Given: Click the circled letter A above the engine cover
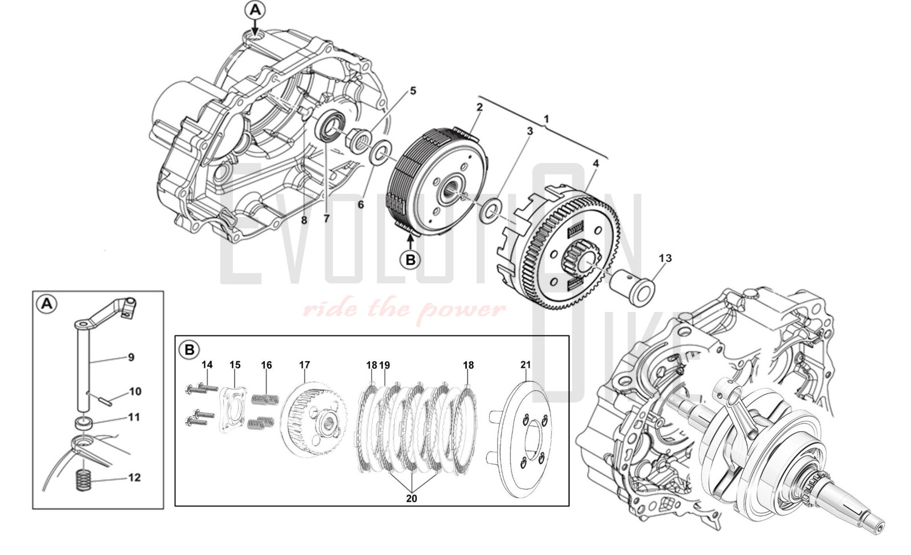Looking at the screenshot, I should pyautogui.click(x=255, y=10).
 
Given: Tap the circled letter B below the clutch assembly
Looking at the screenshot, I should pyautogui.click(x=410, y=260).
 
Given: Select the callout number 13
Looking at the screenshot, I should pyautogui.click(x=665, y=258).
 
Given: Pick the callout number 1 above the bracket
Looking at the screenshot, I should pyautogui.click(x=546, y=119).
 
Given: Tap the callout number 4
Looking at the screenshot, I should pyautogui.click(x=596, y=164).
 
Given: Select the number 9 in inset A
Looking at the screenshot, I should pyautogui.click(x=131, y=357).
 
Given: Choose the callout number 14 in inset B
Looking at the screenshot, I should pyautogui.click(x=207, y=365).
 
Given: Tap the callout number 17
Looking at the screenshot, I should pyautogui.click(x=304, y=365).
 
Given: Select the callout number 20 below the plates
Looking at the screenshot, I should pyautogui.click(x=411, y=499).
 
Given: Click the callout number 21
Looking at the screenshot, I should pyautogui.click(x=525, y=365).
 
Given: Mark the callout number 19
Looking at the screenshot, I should pyautogui.click(x=385, y=365).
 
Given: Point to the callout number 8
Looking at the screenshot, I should pyautogui.click(x=304, y=220).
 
